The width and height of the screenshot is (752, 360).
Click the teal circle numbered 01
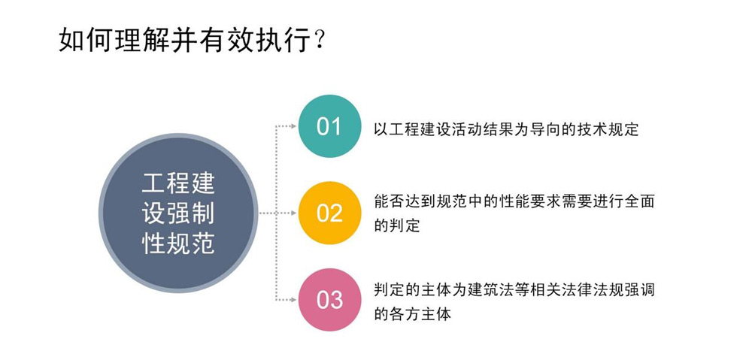coord(329,126)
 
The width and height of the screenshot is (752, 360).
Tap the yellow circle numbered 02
coord(329,213)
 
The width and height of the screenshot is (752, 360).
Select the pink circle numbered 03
coord(329,300)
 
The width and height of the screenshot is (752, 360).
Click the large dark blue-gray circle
coord(178,213)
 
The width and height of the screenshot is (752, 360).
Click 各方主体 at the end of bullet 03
coord(420,314)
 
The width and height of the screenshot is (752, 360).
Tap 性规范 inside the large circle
coord(178,244)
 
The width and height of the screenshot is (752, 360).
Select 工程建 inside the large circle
coord(178,183)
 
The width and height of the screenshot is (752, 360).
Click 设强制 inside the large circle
coord(178,213)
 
